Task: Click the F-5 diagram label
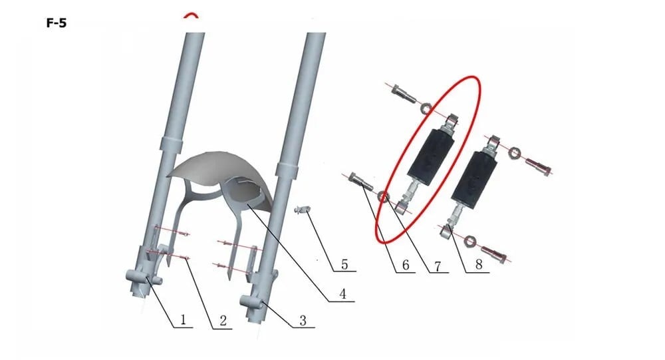(x=57, y=23)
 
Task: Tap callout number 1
(x=184, y=319)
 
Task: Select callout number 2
(x=223, y=321)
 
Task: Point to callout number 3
(x=303, y=320)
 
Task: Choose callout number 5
(x=344, y=264)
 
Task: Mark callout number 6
(x=406, y=265)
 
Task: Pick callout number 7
(x=438, y=266)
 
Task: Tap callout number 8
(x=478, y=264)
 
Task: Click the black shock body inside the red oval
(x=430, y=156)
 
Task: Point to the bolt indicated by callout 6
(x=361, y=182)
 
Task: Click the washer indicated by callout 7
(x=384, y=196)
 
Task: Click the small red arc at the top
(x=191, y=15)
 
